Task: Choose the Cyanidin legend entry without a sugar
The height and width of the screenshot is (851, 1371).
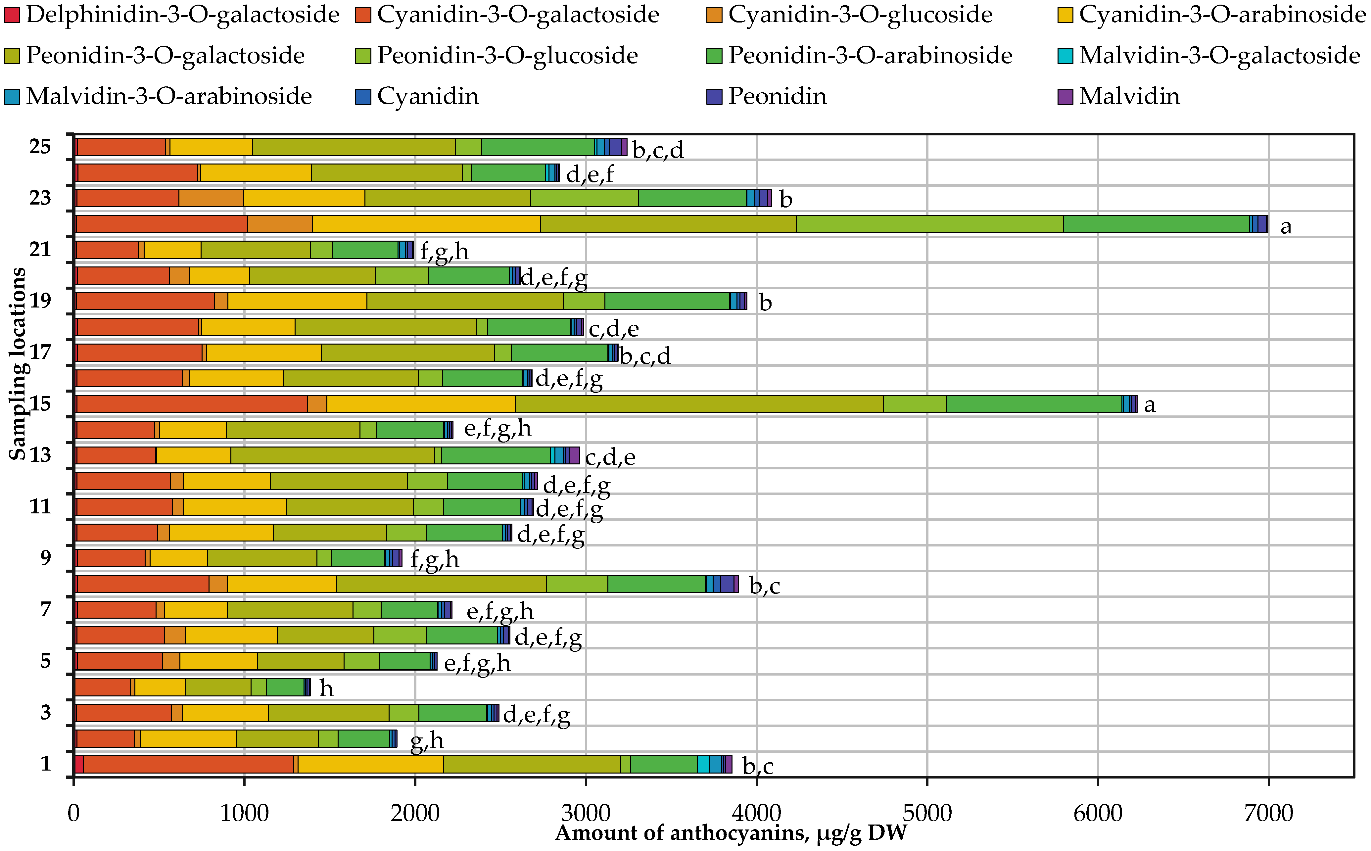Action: click(x=428, y=96)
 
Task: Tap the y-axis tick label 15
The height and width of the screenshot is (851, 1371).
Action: click(x=40, y=403)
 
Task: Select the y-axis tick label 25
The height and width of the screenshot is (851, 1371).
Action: click(x=40, y=146)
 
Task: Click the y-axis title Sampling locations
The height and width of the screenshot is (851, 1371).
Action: click(x=18, y=363)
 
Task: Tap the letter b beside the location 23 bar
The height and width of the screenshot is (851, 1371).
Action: click(x=786, y=199)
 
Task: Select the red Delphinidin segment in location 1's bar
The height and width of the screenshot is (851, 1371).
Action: click(x=79, y=764)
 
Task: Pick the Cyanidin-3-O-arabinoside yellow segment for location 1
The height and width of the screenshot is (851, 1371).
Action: click(x=370, y=764)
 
